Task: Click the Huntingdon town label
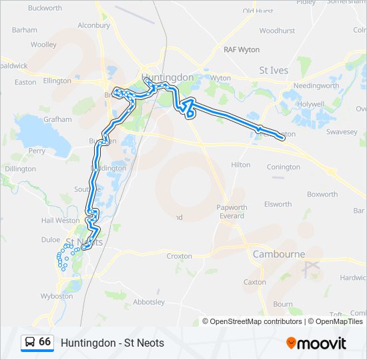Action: (167, 77)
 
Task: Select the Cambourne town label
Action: (279, 254)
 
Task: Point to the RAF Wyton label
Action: (242, 50)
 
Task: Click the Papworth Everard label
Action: (232, 211)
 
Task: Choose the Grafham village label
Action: (58, 119)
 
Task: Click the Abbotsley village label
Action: (149, 302)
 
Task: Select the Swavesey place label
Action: (342, 133)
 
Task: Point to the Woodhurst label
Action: (277, 31)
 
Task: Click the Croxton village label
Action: (179, 256)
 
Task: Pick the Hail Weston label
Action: (60, 221)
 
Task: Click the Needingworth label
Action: (316, 86)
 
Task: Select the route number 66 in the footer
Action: (45, 342)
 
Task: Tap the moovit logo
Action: (316, 343)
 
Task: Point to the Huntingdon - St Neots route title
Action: (112, 343)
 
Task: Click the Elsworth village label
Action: (278, 205)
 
